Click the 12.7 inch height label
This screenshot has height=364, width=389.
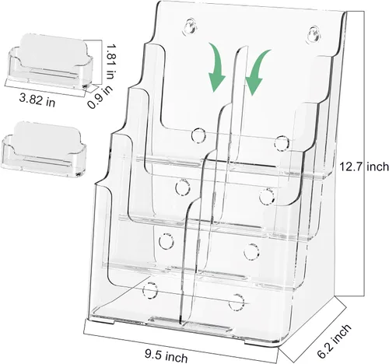[x=364, y=166]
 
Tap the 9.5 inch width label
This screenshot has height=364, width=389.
[x=166, y=355]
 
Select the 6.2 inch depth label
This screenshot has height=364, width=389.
[x=335, y=341]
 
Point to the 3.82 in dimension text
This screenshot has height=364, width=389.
[x=37, y=100]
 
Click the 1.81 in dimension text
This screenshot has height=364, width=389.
[x=110, y=62]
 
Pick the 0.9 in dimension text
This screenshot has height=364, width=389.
[x=100, y=96]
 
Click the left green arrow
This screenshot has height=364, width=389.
[x=216, y=68]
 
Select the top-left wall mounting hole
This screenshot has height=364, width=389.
[x=191, y=26]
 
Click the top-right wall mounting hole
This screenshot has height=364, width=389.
[x=315, y=35]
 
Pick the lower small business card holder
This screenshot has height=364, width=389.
[x=44, y=148]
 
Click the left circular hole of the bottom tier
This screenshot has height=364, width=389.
[x=150, y=289]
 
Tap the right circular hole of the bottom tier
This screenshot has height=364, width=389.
[x=237, y=302]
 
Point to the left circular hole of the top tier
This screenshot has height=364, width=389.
[x=198, y=135]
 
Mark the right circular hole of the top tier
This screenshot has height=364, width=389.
[x=282, y=143]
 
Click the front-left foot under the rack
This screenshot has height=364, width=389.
[x=102, y=322]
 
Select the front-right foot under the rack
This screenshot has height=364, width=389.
[x=255, y=341]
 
